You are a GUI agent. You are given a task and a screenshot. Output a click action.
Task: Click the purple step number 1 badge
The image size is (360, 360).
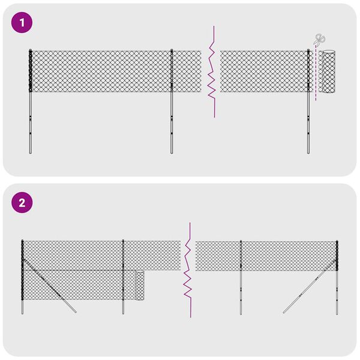pyautogui.click(x=22, y=23)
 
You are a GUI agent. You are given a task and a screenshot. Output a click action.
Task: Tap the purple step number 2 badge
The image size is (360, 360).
pyautogui.click(x=22, y=203)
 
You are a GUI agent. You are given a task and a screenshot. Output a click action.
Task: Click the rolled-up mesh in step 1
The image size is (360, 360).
pyautogui.click(x=328, y=72)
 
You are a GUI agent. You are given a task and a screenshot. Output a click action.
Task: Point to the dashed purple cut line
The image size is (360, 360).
pyautogui.click(x=316, y=78)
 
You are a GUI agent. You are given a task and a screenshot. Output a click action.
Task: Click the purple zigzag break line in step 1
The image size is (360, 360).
pyautogui.click(x=212, y=72)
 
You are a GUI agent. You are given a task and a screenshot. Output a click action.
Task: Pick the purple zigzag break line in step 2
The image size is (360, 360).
pyautogui.click(x=188, y=270)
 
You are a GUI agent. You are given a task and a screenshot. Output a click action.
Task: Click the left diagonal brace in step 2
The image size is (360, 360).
pyautogui.click(x=51, y=288)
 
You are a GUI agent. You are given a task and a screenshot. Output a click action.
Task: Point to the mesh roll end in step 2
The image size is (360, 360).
pyautogui.click(x=140, y=285)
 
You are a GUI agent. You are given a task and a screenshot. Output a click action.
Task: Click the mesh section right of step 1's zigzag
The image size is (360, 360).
pyautogui.click(x=264, y=71)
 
